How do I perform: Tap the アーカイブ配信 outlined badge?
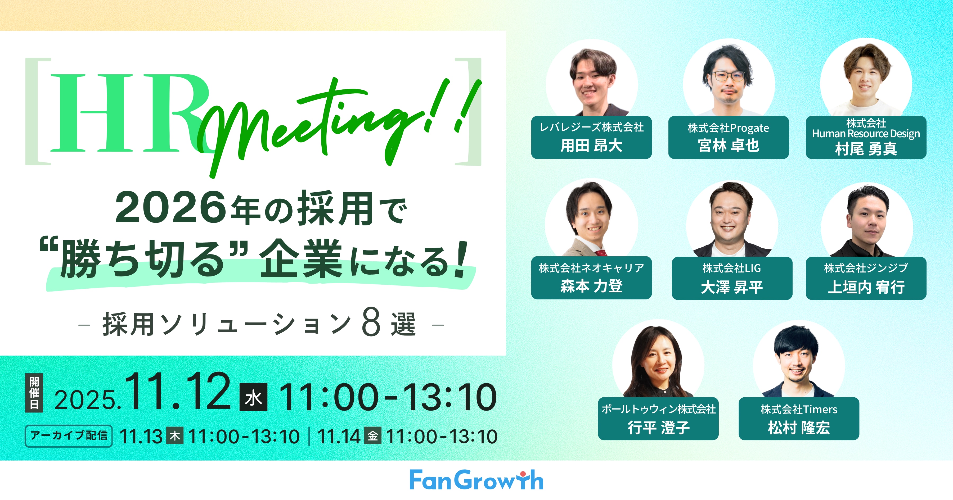coord(69,436)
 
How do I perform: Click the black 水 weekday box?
coord(253,398)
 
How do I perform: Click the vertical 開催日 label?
coord(34,393)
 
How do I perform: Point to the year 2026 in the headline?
coord(170,208)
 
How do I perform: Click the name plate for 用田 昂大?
coord(591,137)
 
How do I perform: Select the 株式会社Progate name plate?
coord(729,137)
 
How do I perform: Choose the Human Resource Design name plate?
coord(866,137)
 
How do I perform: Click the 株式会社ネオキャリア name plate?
coord(591,278)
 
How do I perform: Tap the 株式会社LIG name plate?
coord(732,278)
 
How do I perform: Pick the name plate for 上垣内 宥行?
coord(866,278)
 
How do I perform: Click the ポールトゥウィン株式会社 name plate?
coord(658,419)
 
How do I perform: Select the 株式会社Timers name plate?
coord(799,419)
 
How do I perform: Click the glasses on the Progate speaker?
coord(728,76)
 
